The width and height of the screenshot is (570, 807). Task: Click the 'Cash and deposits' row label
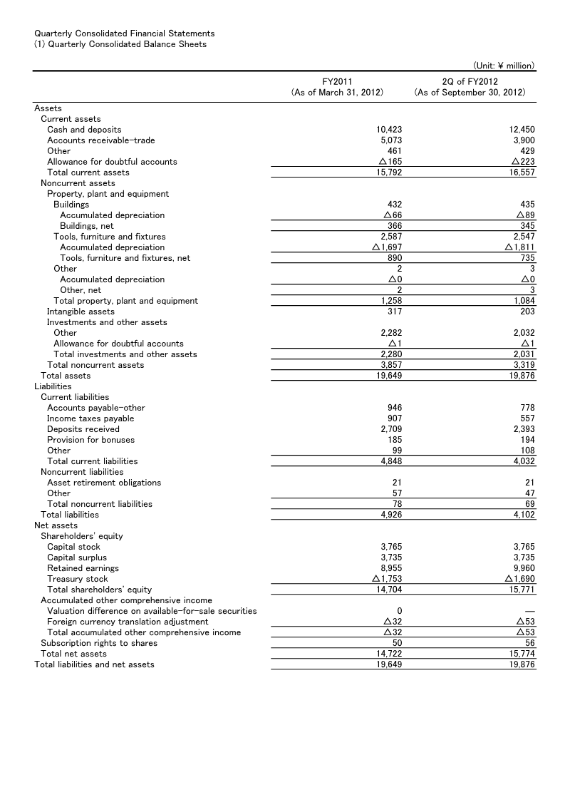pos(84,130)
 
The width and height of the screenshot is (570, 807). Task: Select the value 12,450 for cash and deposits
pos(522,130)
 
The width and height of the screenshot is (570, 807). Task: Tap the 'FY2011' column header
pos(337,82)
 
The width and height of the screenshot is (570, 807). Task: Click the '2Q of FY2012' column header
pos(470,82)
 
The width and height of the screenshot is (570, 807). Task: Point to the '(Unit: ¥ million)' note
pos(503,66)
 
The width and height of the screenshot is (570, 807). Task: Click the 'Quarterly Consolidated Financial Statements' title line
pos(124,34)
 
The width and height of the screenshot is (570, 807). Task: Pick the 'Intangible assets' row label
pos(81,312)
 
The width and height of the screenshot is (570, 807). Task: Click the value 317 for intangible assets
pos(394,312)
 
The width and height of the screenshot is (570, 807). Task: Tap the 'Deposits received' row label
pos(83,429)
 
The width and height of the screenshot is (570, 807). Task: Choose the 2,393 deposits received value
pos(524,429)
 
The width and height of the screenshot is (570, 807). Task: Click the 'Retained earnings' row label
pos(83,568)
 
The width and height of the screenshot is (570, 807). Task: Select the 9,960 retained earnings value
pos(524,568)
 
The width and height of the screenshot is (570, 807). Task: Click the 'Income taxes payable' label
pos(90,418)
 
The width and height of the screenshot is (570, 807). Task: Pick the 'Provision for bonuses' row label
pos(90,440)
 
